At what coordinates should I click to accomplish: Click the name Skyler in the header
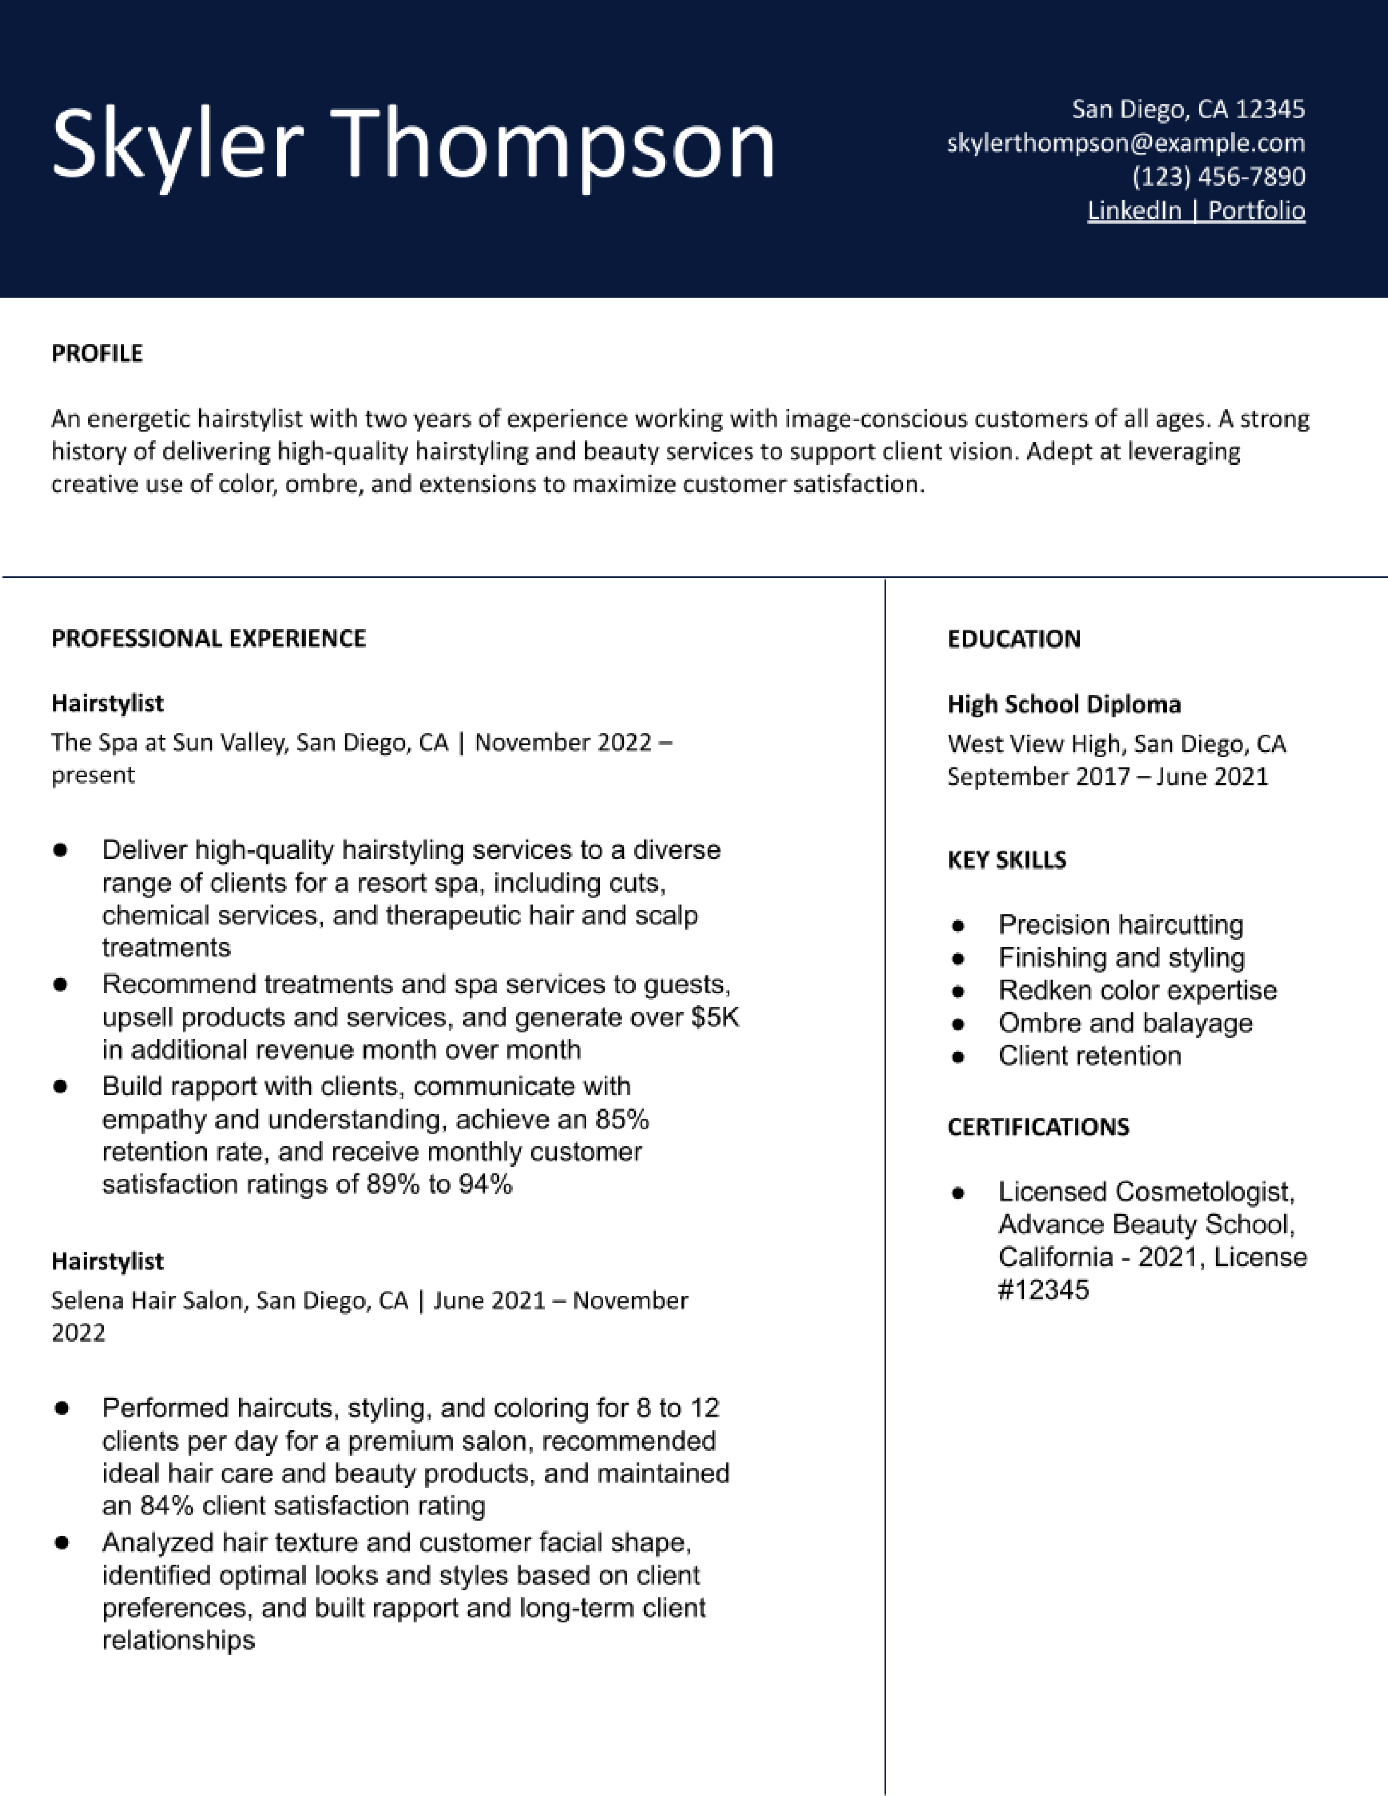point(177,144)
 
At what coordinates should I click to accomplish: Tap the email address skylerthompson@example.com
point(1126,143)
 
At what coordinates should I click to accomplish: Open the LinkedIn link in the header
point(1134,211)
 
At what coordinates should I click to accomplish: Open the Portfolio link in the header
point(1256,211)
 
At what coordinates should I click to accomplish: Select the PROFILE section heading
point(97,354)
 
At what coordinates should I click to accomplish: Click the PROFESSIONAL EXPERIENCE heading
point(208,639)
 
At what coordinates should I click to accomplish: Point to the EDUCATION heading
point(1014,639)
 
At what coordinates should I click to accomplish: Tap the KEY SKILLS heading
point(1006,860)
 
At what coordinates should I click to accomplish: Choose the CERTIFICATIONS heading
point(1037,1127)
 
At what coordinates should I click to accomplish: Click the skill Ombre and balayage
point(1125,1024)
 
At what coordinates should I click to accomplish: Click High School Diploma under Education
point(1064,705)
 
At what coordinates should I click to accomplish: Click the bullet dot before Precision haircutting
point(957,926)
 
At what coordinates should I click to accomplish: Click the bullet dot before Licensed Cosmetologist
point(957,1193)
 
